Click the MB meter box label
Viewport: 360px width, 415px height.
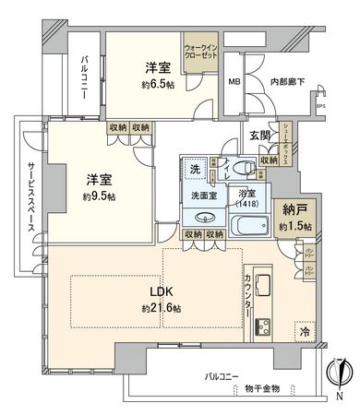[x=234, y=81]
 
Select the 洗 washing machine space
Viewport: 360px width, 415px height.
[x=195, y=169]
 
